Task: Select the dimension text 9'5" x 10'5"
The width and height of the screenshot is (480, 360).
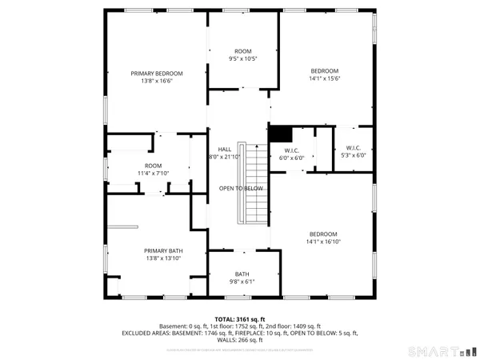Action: tap(242, 58)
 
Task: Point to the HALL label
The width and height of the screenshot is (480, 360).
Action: tap(214, 150)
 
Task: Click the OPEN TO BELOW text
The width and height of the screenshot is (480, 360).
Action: tap(241, 188)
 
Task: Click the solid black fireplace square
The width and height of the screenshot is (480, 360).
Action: tap(278, 134)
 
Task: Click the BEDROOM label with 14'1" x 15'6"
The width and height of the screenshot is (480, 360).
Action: tap(325, 70)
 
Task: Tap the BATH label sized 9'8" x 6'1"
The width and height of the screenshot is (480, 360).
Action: tap(242, 274)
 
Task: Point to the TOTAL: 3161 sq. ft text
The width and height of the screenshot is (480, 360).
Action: tap(240, 318)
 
